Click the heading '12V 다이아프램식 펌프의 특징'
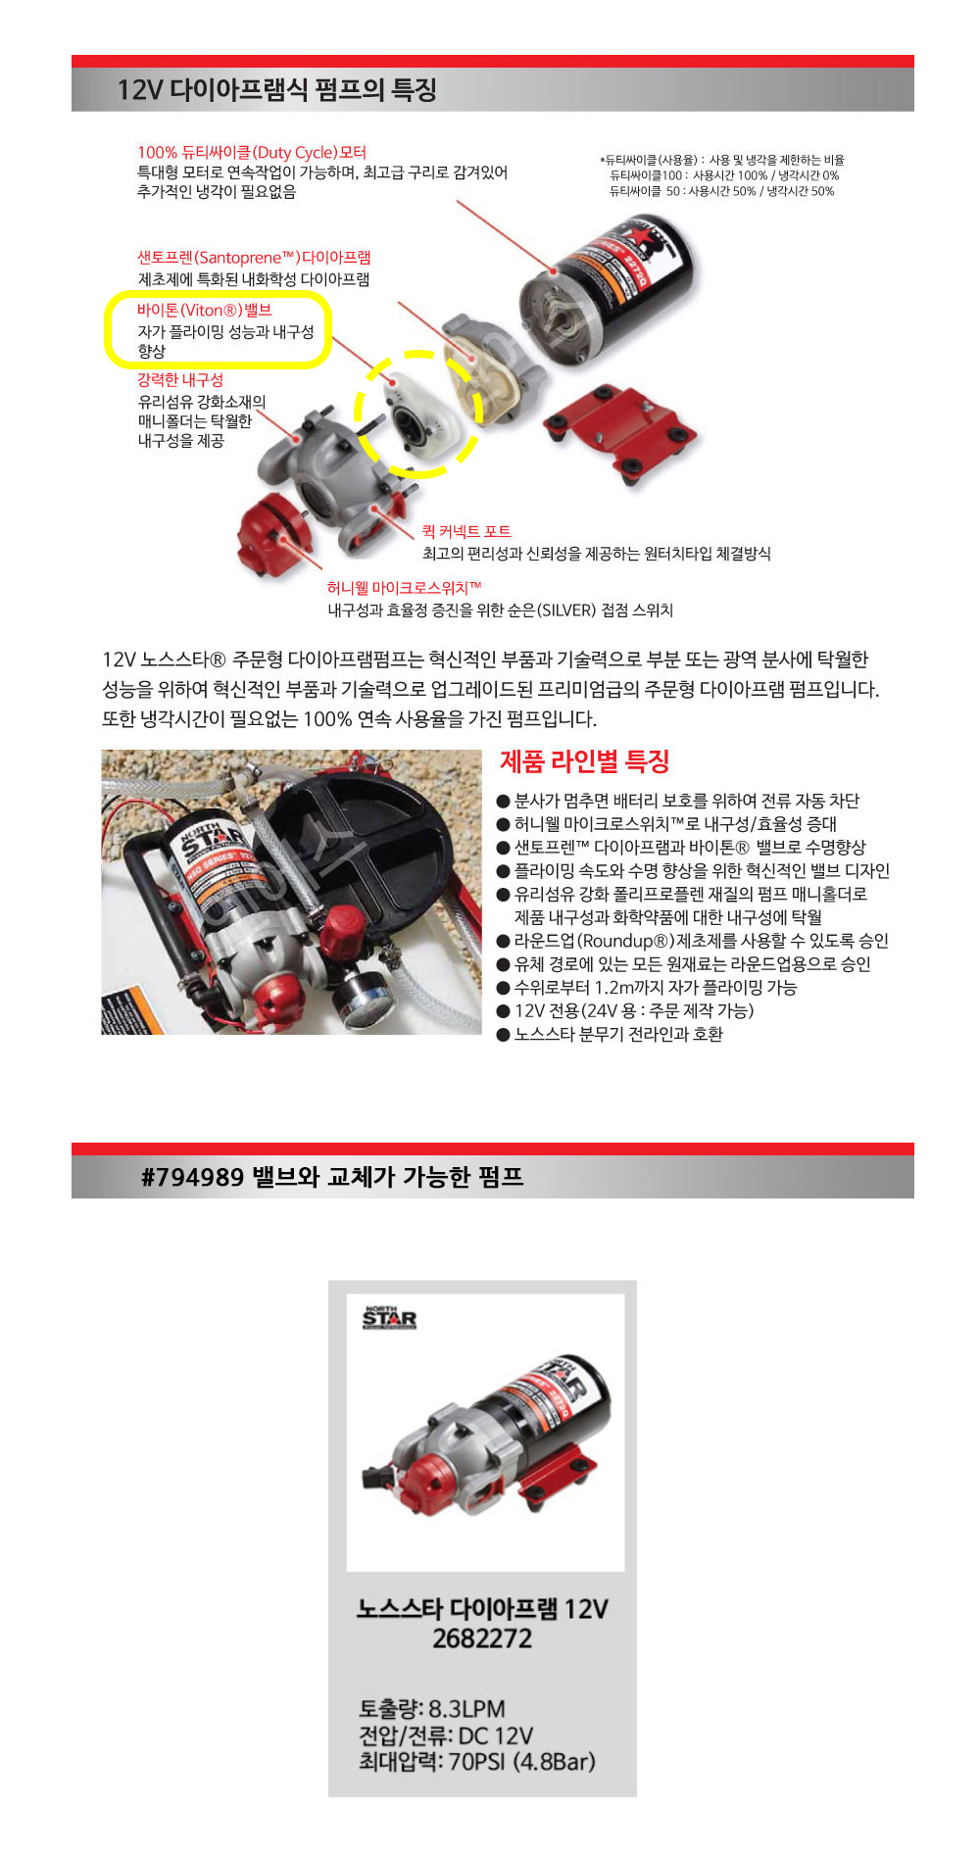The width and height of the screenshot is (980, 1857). click(277, 90)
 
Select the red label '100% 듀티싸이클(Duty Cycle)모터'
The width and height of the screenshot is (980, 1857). click(252, 152)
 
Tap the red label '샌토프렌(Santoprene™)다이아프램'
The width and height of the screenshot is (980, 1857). click(254, 258)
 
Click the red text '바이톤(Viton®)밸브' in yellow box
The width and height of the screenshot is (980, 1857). click(204, 310)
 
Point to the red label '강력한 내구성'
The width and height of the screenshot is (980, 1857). click(180, 379)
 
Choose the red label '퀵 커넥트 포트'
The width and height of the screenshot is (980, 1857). click(466, 531)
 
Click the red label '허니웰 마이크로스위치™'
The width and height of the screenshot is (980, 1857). click(405, 588)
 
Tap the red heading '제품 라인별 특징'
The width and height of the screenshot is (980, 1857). click(585, 761)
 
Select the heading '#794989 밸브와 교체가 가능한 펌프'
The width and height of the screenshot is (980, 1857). click(332, 1176)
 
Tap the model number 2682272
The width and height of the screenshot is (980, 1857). click(482, 1638)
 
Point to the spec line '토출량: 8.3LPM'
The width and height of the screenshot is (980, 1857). click(432, 1709)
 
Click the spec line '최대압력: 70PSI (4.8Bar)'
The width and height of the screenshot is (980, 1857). click(477, 1762)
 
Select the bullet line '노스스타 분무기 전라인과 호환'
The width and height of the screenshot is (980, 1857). click(611, 1034)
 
